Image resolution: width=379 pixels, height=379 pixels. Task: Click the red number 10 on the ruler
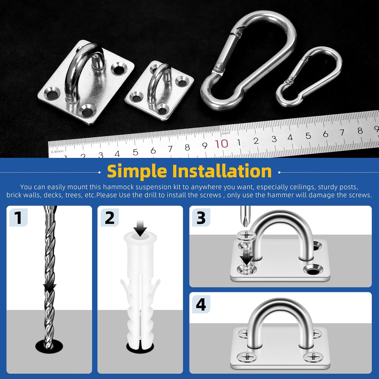point(222,144)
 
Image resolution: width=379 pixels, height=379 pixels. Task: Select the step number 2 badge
point(110,218)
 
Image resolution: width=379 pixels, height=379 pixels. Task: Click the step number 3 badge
point(201,218)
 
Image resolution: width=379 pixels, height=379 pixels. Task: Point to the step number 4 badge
point(201,304)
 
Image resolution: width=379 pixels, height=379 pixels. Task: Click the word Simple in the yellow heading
point(137,171)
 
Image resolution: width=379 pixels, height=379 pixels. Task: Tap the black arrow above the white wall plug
point(140,228)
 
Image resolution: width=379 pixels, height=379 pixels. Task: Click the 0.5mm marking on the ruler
point(57,152)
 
